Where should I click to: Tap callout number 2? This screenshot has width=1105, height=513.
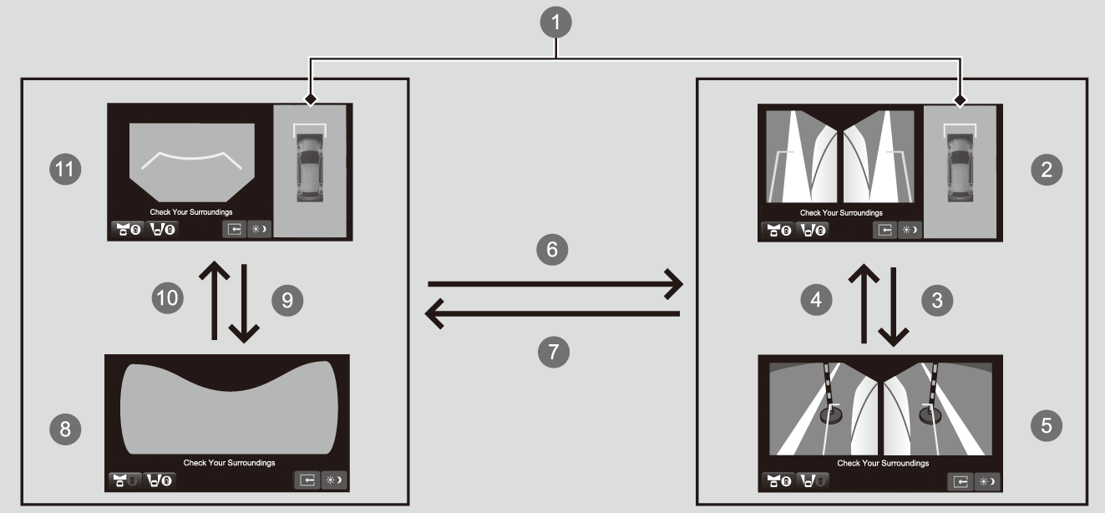1047,170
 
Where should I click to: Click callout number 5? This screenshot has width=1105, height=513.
1047,426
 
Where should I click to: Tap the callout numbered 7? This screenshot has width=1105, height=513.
552,352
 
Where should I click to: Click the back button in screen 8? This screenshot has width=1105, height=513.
307,480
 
